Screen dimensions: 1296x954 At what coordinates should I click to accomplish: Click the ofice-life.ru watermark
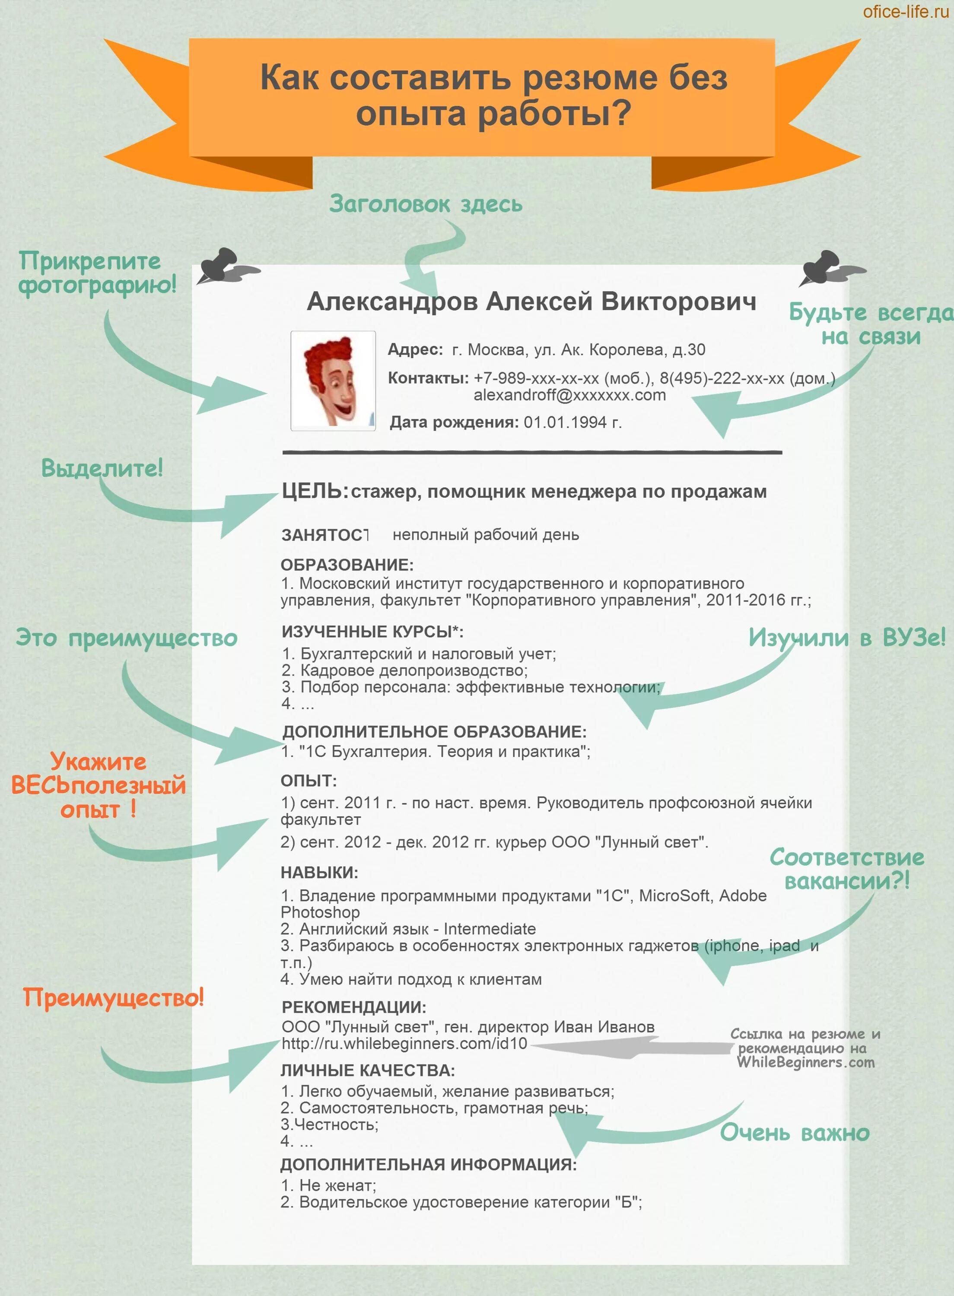905,12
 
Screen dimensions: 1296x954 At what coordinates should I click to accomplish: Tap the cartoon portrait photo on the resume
333,381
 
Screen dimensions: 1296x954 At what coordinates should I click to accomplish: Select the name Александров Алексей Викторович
531,302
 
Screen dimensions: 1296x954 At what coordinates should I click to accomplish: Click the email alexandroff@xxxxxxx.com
569,395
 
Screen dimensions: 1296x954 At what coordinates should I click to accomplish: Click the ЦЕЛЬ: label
315,491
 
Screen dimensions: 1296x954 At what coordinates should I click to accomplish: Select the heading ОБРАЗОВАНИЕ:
347,565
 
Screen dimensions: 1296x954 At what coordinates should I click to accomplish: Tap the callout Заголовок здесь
426,204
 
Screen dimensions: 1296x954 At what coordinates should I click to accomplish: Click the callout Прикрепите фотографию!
97,273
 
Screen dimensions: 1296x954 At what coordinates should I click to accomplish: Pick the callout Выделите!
102,467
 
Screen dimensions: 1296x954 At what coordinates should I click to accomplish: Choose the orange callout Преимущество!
113,997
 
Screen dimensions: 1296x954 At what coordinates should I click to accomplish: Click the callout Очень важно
794,1133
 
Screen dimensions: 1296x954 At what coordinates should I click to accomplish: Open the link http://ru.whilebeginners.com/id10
404,1043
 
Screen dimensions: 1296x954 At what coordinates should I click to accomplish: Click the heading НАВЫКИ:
319,872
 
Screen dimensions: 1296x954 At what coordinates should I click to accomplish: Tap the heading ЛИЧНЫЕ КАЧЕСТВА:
368,1070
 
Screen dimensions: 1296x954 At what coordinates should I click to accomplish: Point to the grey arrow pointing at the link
630,1046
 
